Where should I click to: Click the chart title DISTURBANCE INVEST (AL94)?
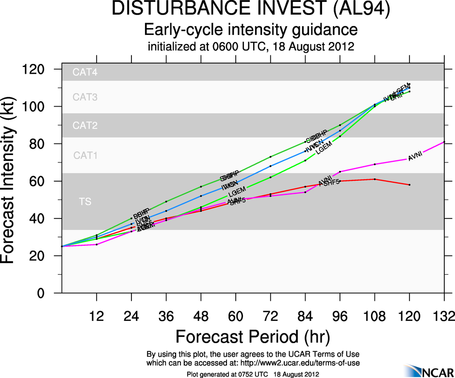click(251, 10)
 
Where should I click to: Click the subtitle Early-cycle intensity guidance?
click(251, 30)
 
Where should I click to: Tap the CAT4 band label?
click(85, 73)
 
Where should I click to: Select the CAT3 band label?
click(85, 97)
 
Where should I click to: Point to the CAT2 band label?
click(85, 126)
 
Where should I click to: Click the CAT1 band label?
click(85, 156)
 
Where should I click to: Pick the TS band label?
click(85, 202)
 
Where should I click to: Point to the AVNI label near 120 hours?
click(415, 157)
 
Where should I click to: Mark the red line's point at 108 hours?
click(375, 179)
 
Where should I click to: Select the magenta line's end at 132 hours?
click(444, 142)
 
